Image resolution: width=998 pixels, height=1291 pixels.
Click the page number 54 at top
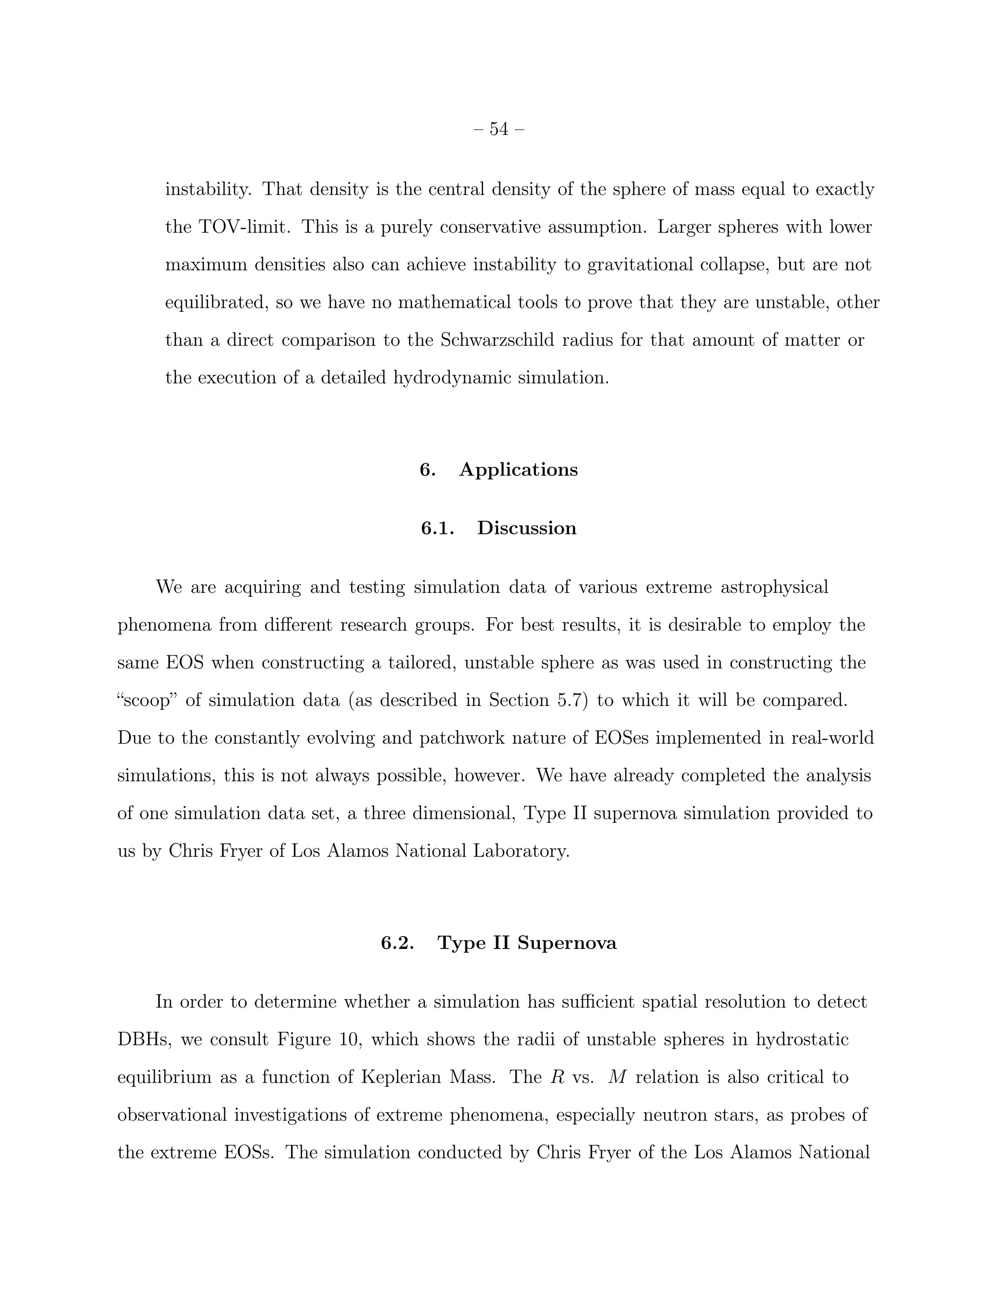coord(499,129)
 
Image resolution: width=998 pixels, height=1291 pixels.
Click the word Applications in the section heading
coord(518,469)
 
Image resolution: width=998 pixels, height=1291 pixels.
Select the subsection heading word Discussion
coord(526,528)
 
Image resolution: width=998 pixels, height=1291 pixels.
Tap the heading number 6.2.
coord(397,943)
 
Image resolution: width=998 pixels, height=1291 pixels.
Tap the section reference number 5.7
coord(572,701)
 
